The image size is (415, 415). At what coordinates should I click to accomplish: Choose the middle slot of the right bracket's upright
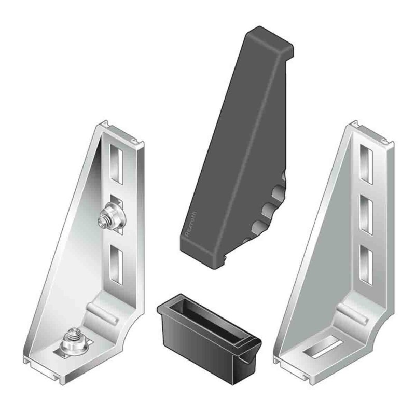click(367, 210)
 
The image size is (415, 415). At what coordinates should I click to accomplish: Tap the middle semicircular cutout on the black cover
click(268, 210)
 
